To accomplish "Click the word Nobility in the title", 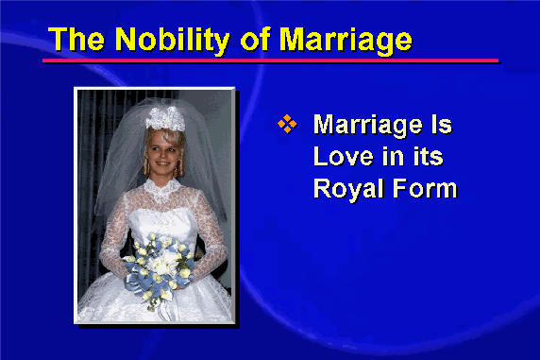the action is pyautogui.click(x=172, y=40).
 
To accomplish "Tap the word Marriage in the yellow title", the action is pyautogui.click(x=346, y=41).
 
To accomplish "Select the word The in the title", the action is pyautogui.click(x=76, y=39).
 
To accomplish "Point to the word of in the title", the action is pyautogui.click(x=256, y=39).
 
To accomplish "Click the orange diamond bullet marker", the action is pyautogui.click(x=287, y=124).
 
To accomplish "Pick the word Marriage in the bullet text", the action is pyautogui.click(x=367, y=126).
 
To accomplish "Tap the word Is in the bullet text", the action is pyautogui.click(x=442, y=124).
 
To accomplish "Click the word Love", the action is pyautogui.click(x=344, y=157).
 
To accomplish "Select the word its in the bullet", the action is pyautogui.click(x=429, y=157).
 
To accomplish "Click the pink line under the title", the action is pyautogui.click(x=271, y=61).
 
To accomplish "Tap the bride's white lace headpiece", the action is pyautogui.click(x=165, y=118).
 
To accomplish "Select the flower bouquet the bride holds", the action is pyautogui.click(x=159, y=266).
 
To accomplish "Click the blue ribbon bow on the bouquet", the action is pyautogui.click(x=138, y=281).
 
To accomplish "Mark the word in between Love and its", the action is pyautogui.click(x=394, y=157).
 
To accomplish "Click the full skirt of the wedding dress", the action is pyautogui.click(x=155, y=303).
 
